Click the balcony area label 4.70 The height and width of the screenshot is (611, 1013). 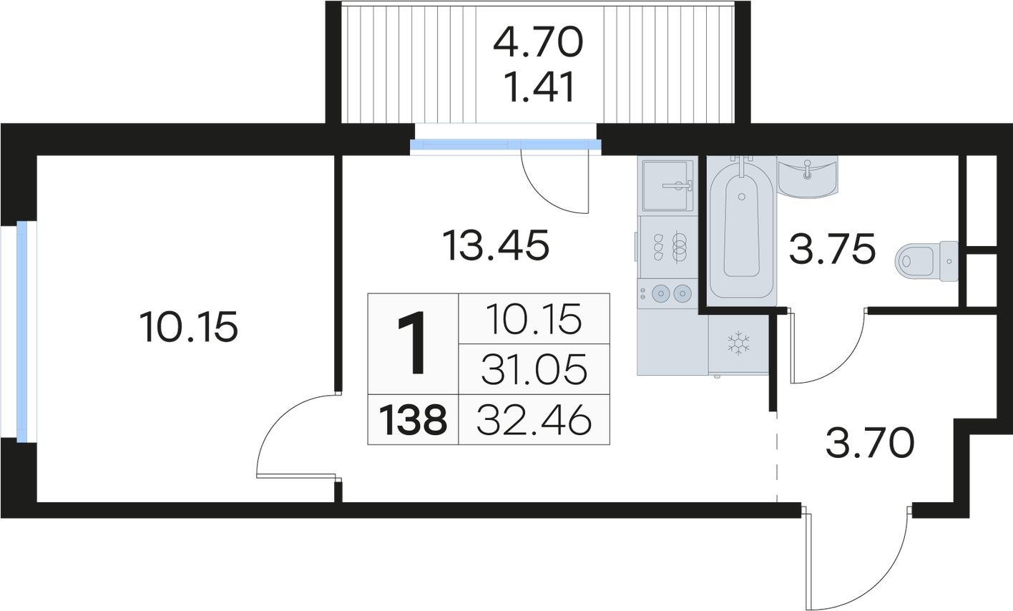coord(538,41)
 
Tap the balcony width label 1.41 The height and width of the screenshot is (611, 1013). coord(539,87)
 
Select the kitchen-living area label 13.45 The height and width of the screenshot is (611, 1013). coord(496,245)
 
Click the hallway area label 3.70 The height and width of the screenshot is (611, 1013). coord(870,443)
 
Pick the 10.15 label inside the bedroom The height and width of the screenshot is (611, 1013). coord(189,326)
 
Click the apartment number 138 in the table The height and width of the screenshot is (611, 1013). coord(413,420)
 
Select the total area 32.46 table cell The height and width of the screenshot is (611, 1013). coord(534,420)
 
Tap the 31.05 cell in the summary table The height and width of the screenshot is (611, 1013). coord(534,369)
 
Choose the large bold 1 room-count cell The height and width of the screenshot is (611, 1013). coord(413,343)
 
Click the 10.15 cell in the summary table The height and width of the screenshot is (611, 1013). coord(534,319)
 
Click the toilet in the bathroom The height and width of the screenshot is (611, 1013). coord(926,261)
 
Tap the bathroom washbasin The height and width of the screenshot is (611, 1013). coord(808,177)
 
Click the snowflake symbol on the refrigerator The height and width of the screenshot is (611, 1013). coord(738,343)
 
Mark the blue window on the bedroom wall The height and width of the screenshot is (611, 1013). coord(21,331)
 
